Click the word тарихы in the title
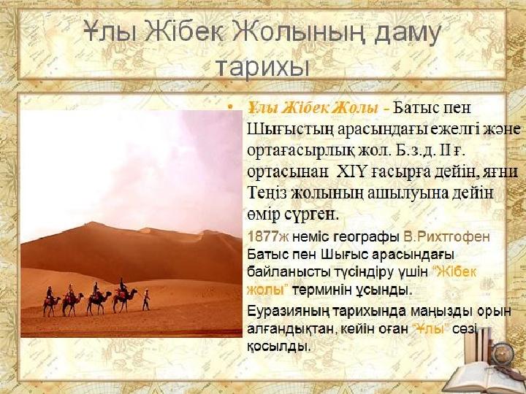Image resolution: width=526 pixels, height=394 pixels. point(262,67)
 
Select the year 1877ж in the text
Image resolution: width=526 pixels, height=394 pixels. point(268,237)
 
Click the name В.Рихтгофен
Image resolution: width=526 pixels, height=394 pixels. point(446,237)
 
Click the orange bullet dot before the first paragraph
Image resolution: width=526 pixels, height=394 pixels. point(230,107)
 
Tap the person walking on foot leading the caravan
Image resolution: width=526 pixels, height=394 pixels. point(146,300)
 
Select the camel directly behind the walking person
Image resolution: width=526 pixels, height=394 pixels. point(124,296)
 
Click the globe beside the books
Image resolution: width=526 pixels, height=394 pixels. point(503,353)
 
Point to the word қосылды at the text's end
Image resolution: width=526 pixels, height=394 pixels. point(278,347)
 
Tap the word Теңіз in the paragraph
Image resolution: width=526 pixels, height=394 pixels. point(267,193)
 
